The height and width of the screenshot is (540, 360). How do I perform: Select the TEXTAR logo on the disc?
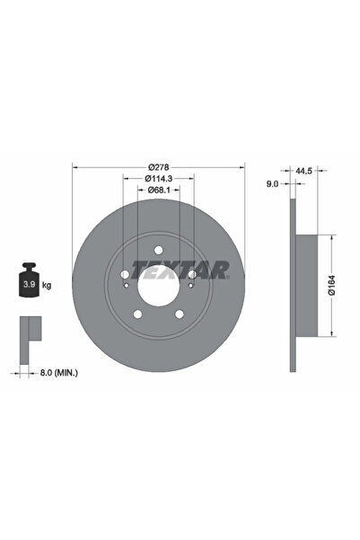(180, 269)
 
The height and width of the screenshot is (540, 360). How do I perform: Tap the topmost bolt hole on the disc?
(159, 251)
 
